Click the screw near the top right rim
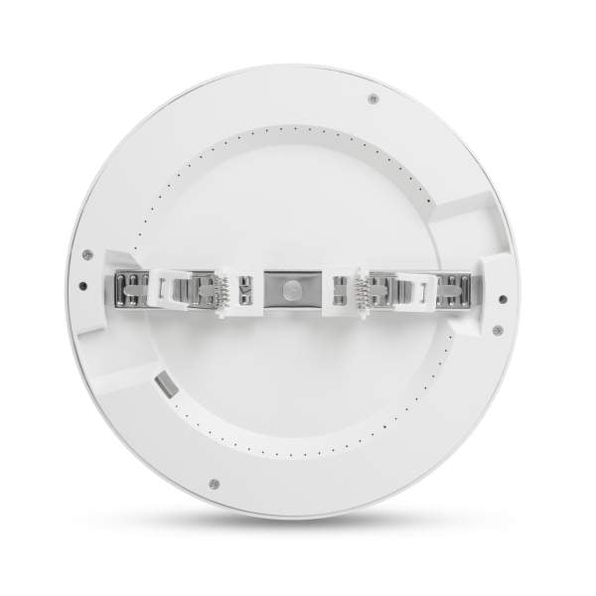372,97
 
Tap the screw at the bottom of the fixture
214,484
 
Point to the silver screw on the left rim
87,253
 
